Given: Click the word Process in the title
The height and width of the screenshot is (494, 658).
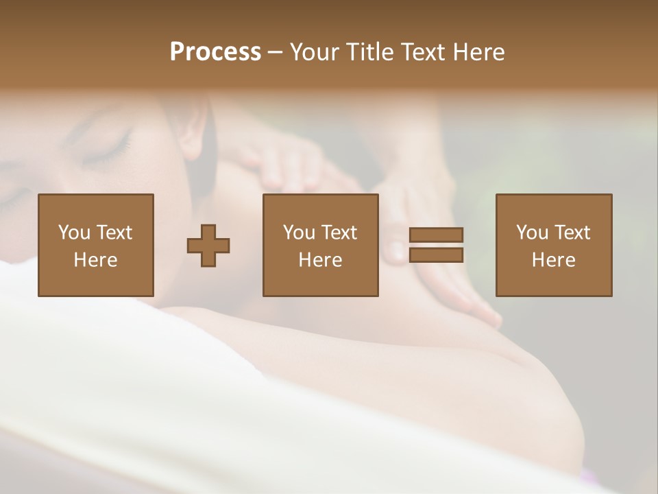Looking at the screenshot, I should pyautogui.click(x=215, y=52).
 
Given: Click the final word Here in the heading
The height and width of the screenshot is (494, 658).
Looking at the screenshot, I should pyautogui.click(x=478, y=52).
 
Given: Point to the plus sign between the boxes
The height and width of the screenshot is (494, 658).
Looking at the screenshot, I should pyautogui.click(x=208, y=245).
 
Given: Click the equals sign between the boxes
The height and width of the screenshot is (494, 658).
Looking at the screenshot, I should pyautogui.click(x=436, y=245).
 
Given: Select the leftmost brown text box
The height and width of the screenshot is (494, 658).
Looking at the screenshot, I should pyautogui.click(x=95, y=245).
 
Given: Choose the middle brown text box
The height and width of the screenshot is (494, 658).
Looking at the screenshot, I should pyautogui.click(x=320, y=245).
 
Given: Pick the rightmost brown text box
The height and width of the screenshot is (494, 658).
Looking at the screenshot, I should pyautogui.click(x=553, y=245).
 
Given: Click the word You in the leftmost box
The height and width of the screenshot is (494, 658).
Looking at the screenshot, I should pyautogui.click(x=74, y=233).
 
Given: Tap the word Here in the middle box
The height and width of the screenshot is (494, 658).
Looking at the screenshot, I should pyautogui.click(x=320, y=260).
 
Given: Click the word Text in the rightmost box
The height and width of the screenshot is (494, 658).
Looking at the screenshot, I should pyautogui.click(x=572, y=233).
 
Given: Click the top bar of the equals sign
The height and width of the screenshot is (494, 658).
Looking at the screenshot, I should pyautogui.click(x=436, y=235).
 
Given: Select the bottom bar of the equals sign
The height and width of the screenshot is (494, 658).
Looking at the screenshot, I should pyautogui.click(x=436, y=255).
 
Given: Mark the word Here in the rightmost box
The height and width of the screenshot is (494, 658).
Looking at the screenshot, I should pyautogui.click(x=553, y=260).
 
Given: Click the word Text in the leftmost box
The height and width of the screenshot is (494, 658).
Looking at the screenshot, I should pyautogui.click(x=114, y=233).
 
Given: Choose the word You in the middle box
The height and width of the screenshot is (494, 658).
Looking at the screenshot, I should pyautogui.click(x=299, y=233).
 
